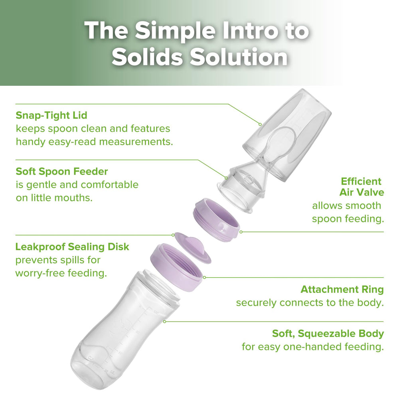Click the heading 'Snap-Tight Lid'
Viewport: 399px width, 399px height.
pos(51,115)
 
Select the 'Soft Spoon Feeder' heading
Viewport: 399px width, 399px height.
pos(62,171)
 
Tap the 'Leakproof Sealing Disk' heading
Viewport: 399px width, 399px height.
pos(72,247)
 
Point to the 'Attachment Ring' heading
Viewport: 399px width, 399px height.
pos(342,289)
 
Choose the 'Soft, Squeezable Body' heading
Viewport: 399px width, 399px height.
pos(328,333)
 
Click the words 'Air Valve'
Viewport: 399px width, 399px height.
pos(361,192)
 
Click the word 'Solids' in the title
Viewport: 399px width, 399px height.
pos(147,57)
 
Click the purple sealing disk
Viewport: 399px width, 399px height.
pos(193,248)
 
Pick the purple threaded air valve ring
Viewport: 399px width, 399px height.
pos(216,220)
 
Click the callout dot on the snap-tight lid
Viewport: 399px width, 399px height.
pos(260,124)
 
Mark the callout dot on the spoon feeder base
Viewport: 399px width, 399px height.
pos(226,178)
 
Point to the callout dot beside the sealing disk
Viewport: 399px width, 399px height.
pos(173,235)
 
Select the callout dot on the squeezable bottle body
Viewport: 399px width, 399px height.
pos(165,322)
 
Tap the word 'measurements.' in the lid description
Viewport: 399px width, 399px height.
pos(136,142)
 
